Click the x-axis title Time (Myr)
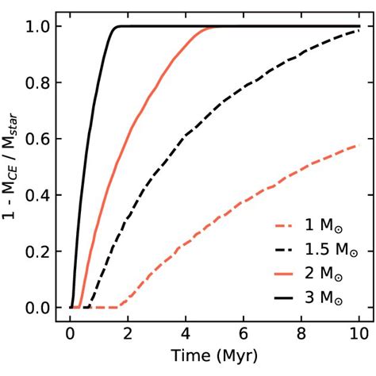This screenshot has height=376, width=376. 214,353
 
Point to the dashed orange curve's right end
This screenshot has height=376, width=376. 359,144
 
